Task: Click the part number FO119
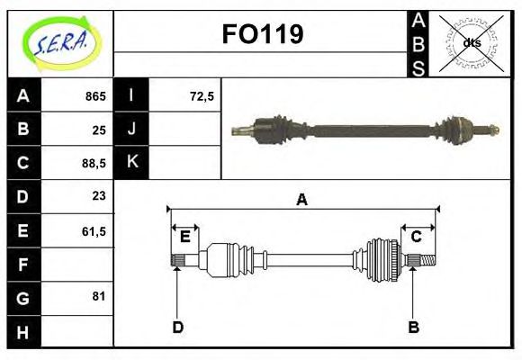pos(262,35)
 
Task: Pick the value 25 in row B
pos(99,130)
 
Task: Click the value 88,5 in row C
pos(94,164)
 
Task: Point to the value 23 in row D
pos(99,196)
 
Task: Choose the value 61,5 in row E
pos(94,231)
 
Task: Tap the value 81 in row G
pos(99,296)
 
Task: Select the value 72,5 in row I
pos(202,96)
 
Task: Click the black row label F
pos(23,265)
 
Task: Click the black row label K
pos(131,163)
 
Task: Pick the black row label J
pos(131,130)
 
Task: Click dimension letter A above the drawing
pos(302,200)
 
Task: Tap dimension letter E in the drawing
pos(184,237)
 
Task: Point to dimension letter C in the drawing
pos(417,237)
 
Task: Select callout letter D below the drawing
pos(177,327)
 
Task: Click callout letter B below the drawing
pos(414,327)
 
